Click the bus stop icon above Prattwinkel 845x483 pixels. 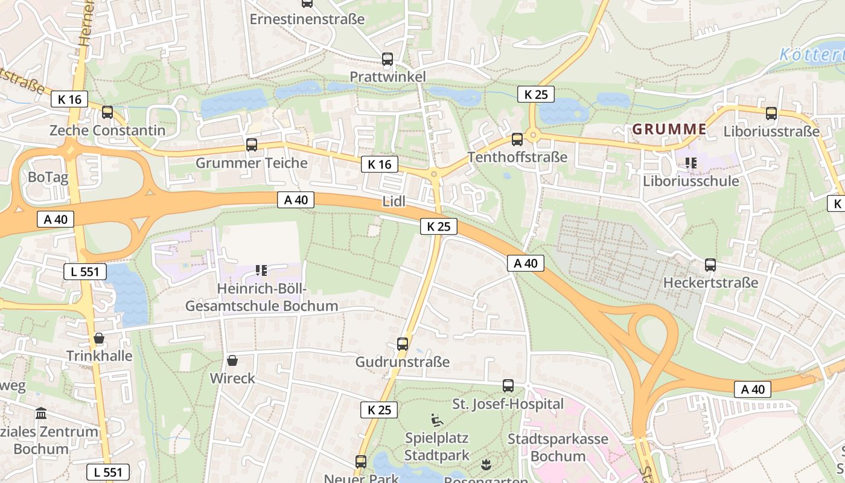tap(387, 59)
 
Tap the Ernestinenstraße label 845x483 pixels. tap(307, 19)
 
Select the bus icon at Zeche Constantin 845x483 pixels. tap(107, 112)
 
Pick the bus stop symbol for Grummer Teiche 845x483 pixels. tap(252, 144)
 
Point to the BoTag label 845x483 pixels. tap(48, 178)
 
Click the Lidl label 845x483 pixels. tap(394, 202)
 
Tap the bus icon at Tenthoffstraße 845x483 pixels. tap(517, 139)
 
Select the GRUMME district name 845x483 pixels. tap(669, 129)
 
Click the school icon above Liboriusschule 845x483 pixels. tap(691, 162)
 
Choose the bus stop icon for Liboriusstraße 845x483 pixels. tap(771, 113)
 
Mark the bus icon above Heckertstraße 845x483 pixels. tap(710, 264)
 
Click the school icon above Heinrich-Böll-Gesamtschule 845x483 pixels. tap(261, 270)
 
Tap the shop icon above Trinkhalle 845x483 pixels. tap(99, 337)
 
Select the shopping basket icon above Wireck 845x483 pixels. tap(232, 360)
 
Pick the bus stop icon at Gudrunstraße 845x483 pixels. tap(403, 344)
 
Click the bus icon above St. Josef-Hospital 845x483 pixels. tap(508, 385)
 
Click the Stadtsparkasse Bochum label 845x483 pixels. tap(558, 447)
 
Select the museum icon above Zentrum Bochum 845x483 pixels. tap(41, 414)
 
